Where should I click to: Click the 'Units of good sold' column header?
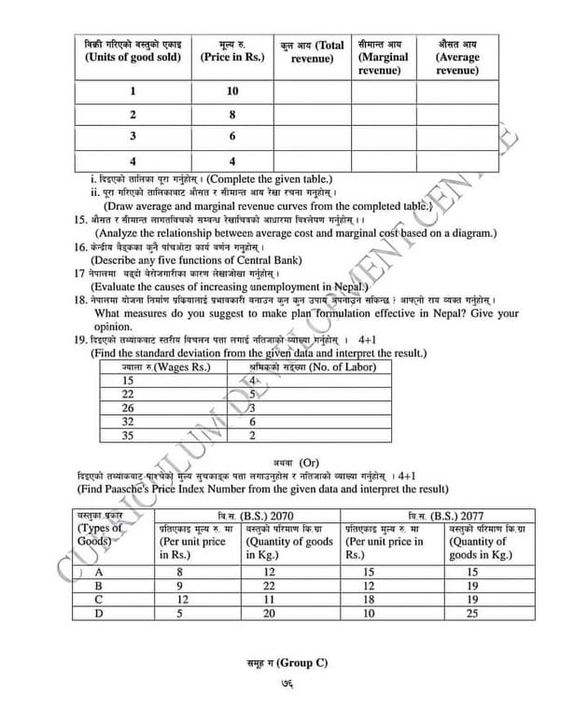tap(133, 57)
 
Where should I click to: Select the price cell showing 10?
tap(232, 91)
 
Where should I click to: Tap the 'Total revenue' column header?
tap(313, 52)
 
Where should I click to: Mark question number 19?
tap(79, 340)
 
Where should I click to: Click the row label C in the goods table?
tap(99, 600)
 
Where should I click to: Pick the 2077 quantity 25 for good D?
tap(472, 613)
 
